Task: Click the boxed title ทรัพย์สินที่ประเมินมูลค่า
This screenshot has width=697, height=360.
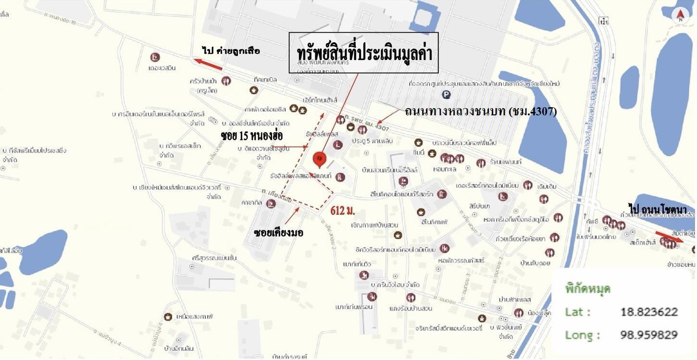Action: click(x=363, y=53)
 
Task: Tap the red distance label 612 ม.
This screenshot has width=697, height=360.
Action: click(x=343, y=211)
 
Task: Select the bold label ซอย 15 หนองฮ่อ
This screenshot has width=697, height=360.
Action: click(x=251, y=135)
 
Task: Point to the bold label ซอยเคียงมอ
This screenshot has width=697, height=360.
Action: click(x=278, y=233)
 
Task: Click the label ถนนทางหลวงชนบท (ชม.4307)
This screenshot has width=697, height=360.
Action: click(x=481, y=112)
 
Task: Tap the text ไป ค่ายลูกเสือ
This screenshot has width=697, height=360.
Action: click(x=231, y=50)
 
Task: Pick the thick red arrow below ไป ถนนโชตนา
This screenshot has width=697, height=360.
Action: click(x=669, y=236)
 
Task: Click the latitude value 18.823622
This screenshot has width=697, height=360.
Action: click(x=649, y=312)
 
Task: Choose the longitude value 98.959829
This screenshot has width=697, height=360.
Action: click(x=649, y=335)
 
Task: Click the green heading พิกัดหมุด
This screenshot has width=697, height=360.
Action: click(x=587, y=289)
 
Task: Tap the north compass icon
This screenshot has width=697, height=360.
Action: click(x=680, y=16)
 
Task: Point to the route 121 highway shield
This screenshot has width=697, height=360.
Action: click(x=604, y=21)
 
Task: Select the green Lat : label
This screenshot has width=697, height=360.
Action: click(x=578, y=312)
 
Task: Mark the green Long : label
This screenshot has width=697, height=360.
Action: click(x=583, y=335)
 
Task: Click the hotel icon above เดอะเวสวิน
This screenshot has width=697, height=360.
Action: click(x=155, y=57)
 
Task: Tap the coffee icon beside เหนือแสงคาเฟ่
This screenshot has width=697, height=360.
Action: click(x=168, y=317)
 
